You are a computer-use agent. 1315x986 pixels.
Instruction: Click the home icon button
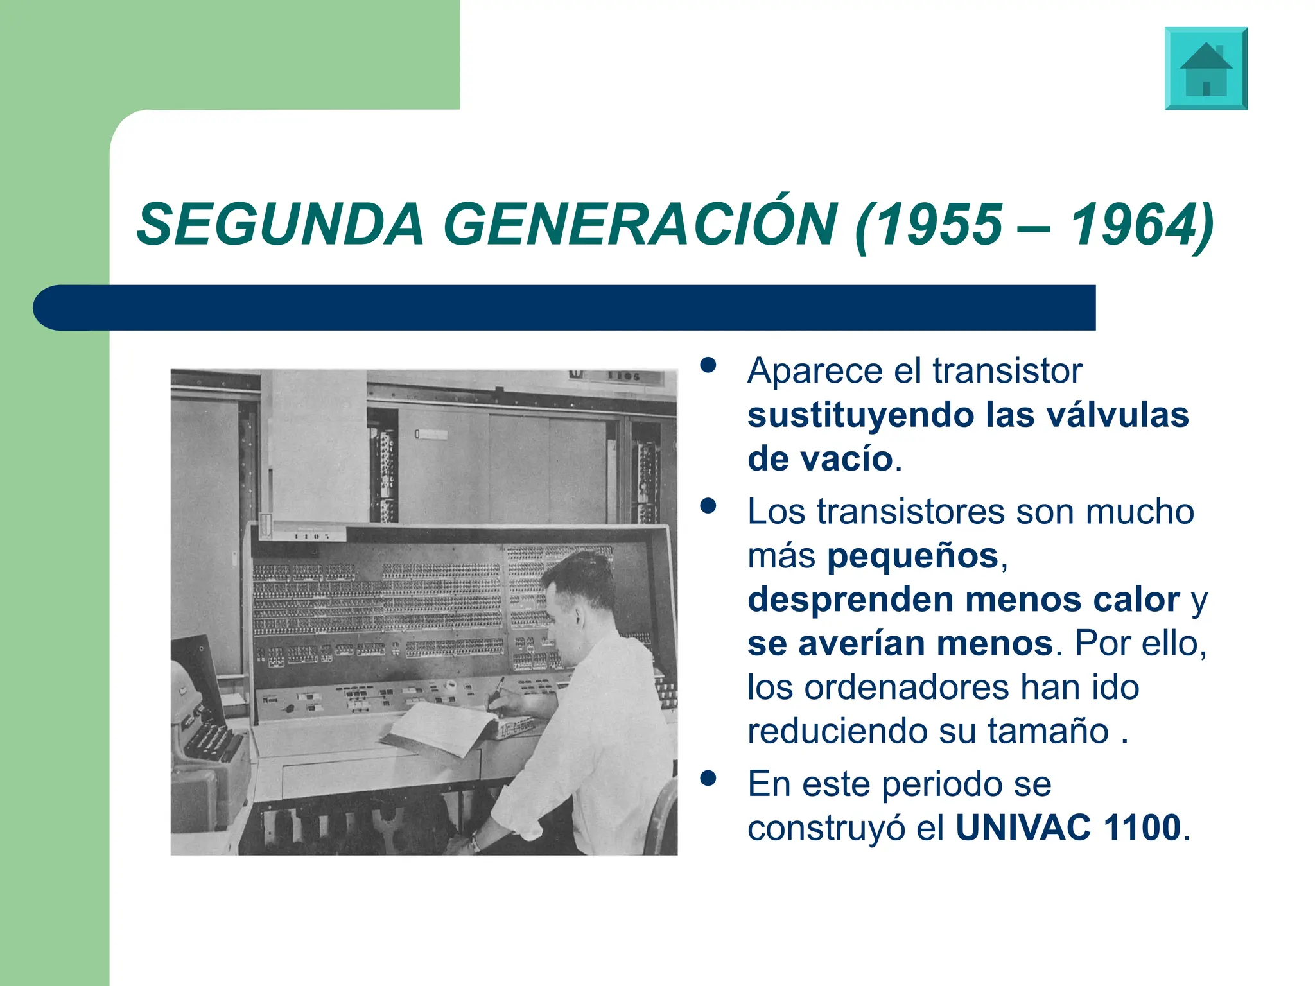(x=1206, y=68)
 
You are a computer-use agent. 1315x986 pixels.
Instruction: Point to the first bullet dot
(x=708, y=365)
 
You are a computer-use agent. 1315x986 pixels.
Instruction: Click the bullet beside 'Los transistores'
(x=708, y=506)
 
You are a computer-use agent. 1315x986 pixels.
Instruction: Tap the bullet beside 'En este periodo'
(x=708, y=778)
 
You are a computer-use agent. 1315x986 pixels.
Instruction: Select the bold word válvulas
(x=1117, y=415)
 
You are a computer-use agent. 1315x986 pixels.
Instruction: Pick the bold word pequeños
(x=912, y=556)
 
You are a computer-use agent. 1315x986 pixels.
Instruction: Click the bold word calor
(x=1136, y=600)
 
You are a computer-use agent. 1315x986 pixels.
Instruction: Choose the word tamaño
(x=1048, y=731)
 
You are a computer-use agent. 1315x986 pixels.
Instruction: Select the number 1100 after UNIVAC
(x=1142, y=827)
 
